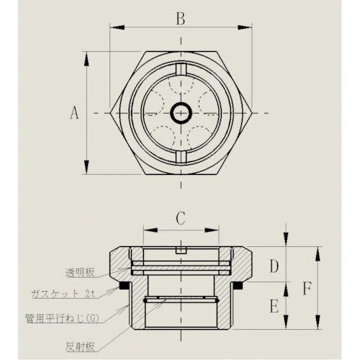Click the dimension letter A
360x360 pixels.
pos(73,112)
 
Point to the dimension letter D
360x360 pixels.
pos(274,267)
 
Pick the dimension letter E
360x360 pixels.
pos(274,306)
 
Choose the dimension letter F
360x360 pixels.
pos(307,289)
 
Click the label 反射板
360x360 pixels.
pos(81,346)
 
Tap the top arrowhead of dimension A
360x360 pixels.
pos(86,55)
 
